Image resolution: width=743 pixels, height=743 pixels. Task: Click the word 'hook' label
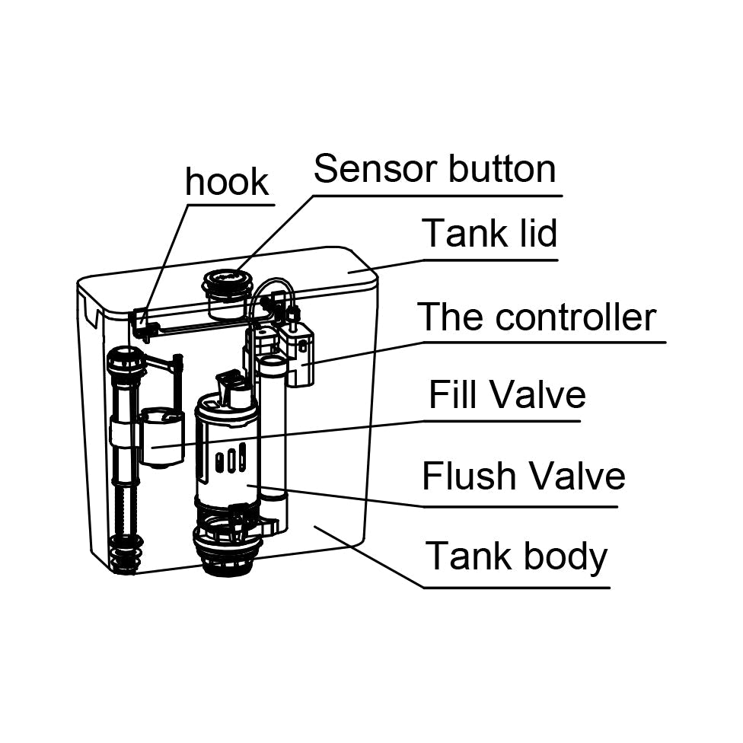coord(227,182)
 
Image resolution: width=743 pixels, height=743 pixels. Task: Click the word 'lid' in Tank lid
coord(534,233)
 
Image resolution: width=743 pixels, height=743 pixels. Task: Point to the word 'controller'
coord(576,317)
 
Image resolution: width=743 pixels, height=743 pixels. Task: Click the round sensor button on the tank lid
coord(226,283)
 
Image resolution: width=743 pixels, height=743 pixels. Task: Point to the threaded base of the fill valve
coord(126,554)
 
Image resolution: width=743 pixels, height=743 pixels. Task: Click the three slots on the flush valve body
coord(230,461)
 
